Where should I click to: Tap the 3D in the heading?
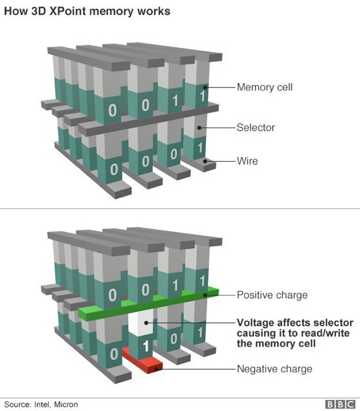pyautogui.click(x=43, y=11)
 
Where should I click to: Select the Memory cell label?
pyautogui.click(x=264, y=87)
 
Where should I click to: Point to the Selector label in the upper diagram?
pyautogui.click(x=256, y=127)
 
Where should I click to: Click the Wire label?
pyautogui.click(x=247, y=161)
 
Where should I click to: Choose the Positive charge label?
pyautogui.click(x=272, y=294)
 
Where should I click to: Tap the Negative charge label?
pyautogui.click(x=274, y=369)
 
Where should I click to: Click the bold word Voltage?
pyautogui.click(x=256, y=322)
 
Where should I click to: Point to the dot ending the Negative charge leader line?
pyautogui.click(x=156, y=369)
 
